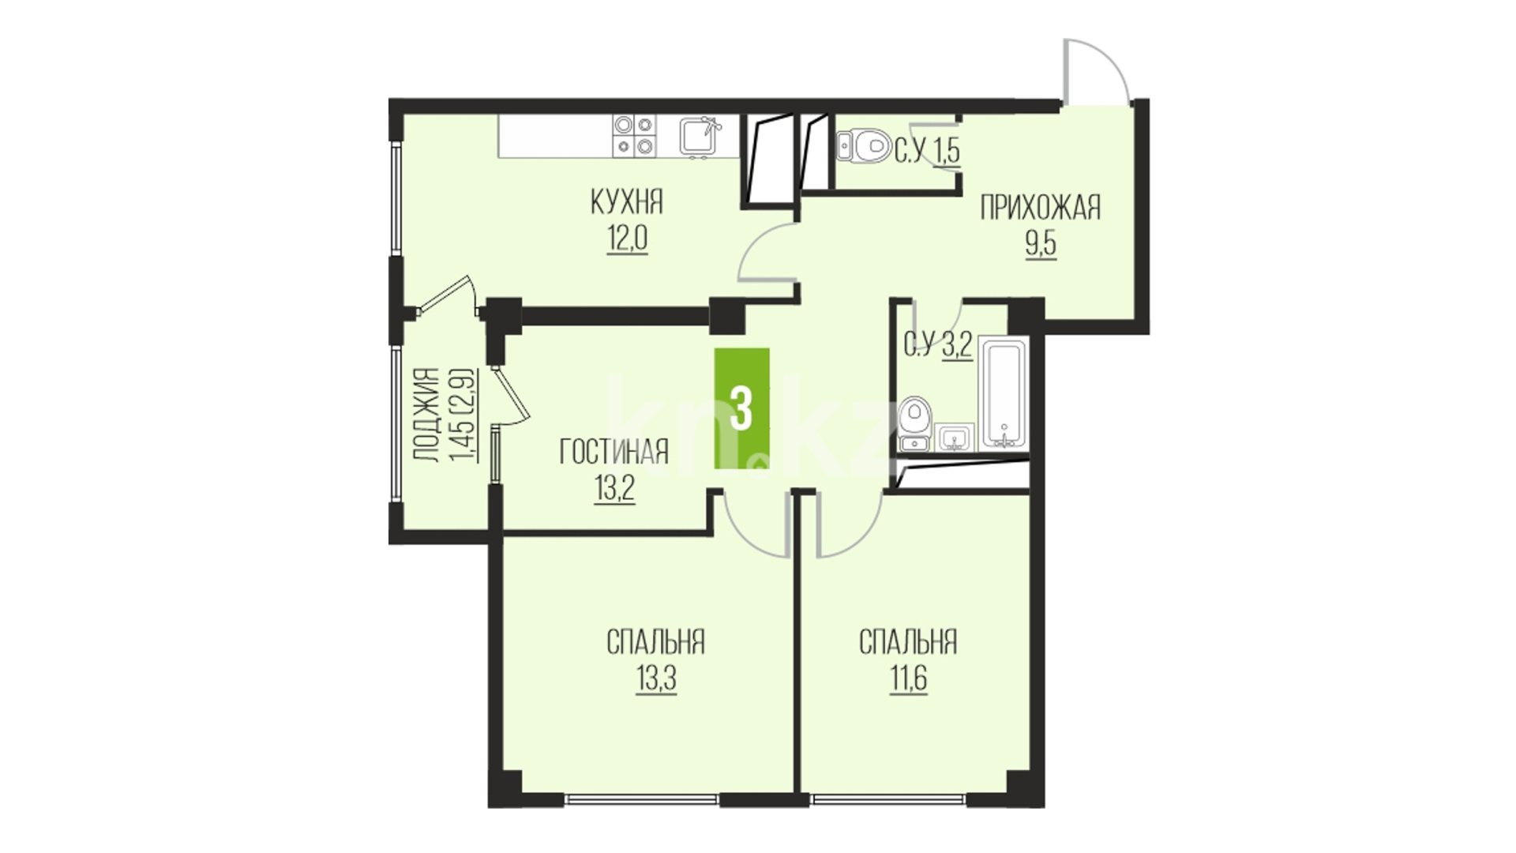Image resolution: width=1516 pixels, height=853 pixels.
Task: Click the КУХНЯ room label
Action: tap(627, 203)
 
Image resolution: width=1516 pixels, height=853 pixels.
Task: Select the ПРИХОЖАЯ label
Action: tap(1040, 209)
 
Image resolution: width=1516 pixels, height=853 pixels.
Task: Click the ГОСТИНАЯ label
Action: tap(614, 453)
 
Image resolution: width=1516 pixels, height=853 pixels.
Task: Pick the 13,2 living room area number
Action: tap(614, 490)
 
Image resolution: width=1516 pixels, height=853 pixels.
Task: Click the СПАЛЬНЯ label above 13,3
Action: tap(655, 642)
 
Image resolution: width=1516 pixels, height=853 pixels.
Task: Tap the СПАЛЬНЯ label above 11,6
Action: tap(908, 642)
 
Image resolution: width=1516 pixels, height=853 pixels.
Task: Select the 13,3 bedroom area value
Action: tap(656, 679)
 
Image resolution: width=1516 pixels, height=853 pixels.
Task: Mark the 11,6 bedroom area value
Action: tap(908, 679)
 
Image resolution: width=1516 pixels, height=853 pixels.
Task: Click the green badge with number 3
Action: tap(741, 408)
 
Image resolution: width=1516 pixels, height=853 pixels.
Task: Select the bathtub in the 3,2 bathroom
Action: tap(1002, 393)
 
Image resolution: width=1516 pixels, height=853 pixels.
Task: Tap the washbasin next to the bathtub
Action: tap(955, 438)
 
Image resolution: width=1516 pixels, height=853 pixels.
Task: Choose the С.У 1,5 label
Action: tap(927, 150)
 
